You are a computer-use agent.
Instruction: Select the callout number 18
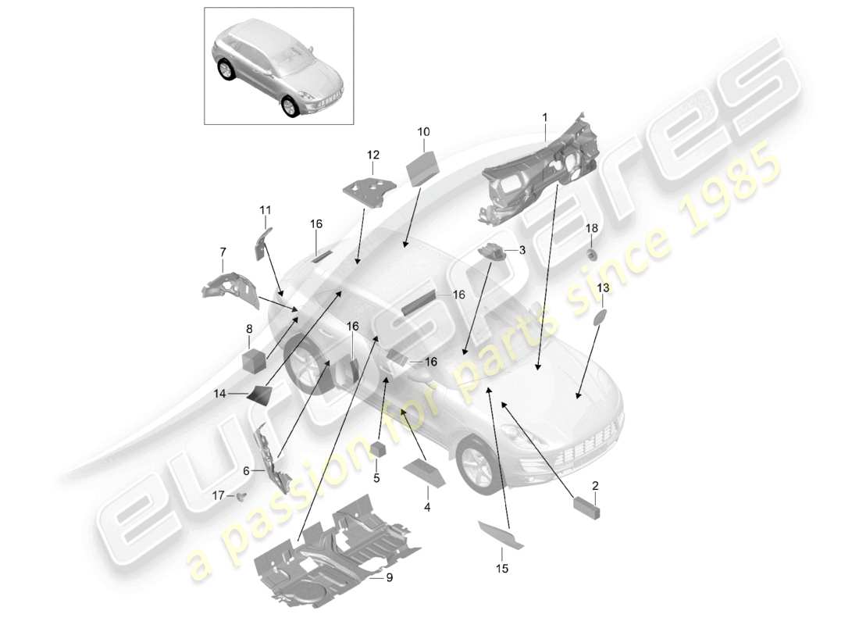[x=592, y=227]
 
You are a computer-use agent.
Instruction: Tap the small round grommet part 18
[x=592, y=254]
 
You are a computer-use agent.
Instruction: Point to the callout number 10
[x=424, y=132]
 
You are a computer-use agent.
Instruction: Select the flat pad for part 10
[x=423, y=166]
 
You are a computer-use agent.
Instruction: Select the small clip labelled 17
[x=241, y=495]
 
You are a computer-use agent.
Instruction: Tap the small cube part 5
[x=378, y=448]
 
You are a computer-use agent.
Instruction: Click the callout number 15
[x=501, y=570]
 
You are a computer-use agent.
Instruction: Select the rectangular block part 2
[x=586, y=507]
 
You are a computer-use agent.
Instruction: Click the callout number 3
[x=521, y=250]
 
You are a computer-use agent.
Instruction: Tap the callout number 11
[x=265, y=210]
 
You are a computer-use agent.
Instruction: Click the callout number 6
[x=247, y=471]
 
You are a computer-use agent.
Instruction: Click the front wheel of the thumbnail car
[x=291, y=105]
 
